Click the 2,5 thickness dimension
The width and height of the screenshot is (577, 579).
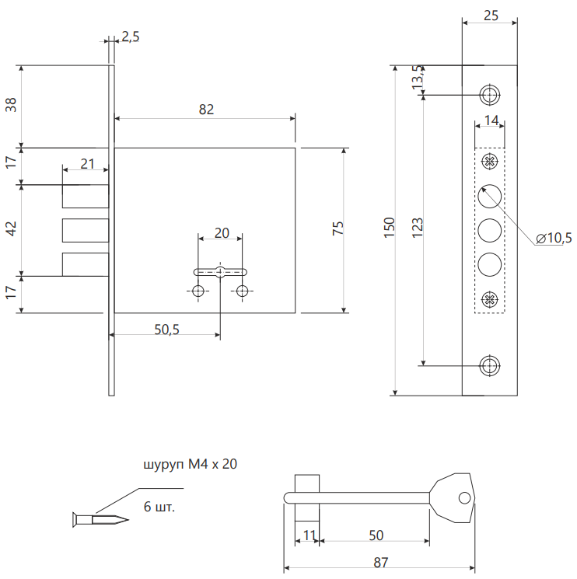(131, 37)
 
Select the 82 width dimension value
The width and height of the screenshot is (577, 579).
(205, 110)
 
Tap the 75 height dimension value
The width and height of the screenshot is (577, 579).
(337, 229)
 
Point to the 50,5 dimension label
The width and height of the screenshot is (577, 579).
(166, 330)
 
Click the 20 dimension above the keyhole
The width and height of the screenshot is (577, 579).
(221, 232)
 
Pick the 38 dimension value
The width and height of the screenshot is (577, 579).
(11, 106)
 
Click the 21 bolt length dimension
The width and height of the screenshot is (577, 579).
(87, 164)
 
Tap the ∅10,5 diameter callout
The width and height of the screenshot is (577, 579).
(554, 239)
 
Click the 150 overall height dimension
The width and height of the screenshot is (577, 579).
(390, 227)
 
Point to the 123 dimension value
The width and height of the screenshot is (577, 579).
(418, 227)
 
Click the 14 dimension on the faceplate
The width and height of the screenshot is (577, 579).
(490, 120)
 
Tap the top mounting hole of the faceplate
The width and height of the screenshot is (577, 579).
(490, 95)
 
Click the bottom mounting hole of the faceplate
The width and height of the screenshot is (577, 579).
(490, 364)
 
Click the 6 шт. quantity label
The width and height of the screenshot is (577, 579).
(160, 507)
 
